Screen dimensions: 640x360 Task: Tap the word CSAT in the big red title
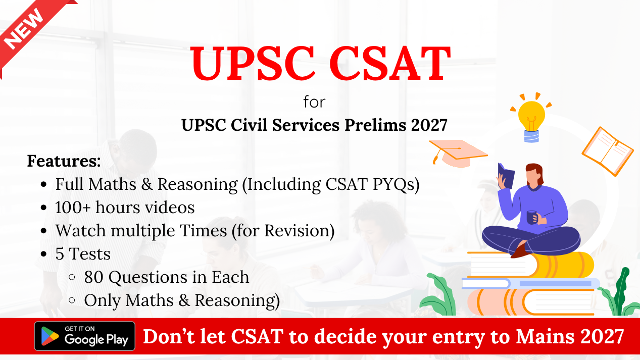(390, 64)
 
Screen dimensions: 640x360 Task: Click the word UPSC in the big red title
(253, 64)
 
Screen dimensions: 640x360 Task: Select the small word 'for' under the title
(314, 102)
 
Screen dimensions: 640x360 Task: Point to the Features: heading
(64, 161)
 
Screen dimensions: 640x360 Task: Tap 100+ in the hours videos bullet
(73, 207)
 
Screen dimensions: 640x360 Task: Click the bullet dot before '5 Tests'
(43, 254)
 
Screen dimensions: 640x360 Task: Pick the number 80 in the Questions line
(94, 277)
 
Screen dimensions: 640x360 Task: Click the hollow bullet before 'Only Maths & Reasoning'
(72, 300)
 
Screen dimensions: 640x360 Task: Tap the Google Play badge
(84, 336)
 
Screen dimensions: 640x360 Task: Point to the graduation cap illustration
(458, 153)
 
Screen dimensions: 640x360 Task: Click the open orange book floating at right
(608, 151)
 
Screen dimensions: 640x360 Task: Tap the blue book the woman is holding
(506, 175)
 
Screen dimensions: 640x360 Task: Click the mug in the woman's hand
(532, 218)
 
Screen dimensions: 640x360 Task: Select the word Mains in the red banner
(545, 337)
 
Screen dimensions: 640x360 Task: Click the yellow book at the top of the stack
(531, 265)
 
